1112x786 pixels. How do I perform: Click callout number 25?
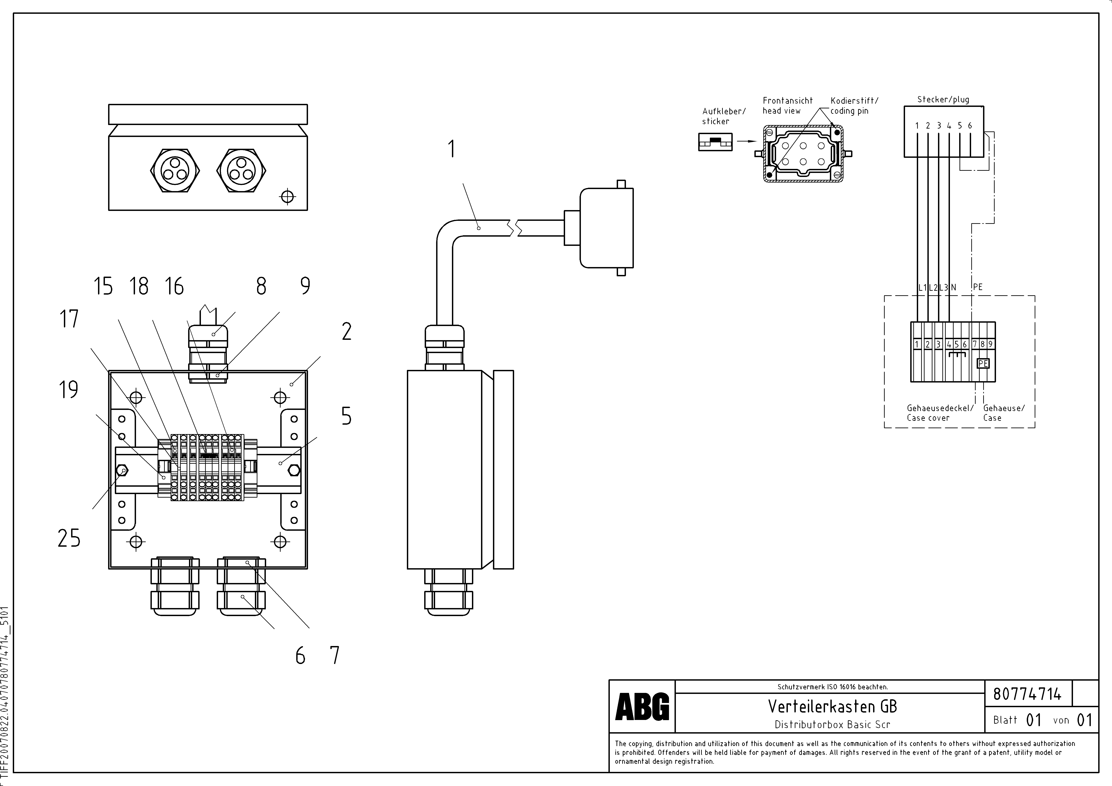tap(69, 538)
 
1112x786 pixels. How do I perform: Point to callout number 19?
tap(68, 390)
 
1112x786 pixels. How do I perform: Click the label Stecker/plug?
tap(943, 100)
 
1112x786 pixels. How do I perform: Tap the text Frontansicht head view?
tap(788, 106)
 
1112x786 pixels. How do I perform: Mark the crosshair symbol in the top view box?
tap(288, 196)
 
